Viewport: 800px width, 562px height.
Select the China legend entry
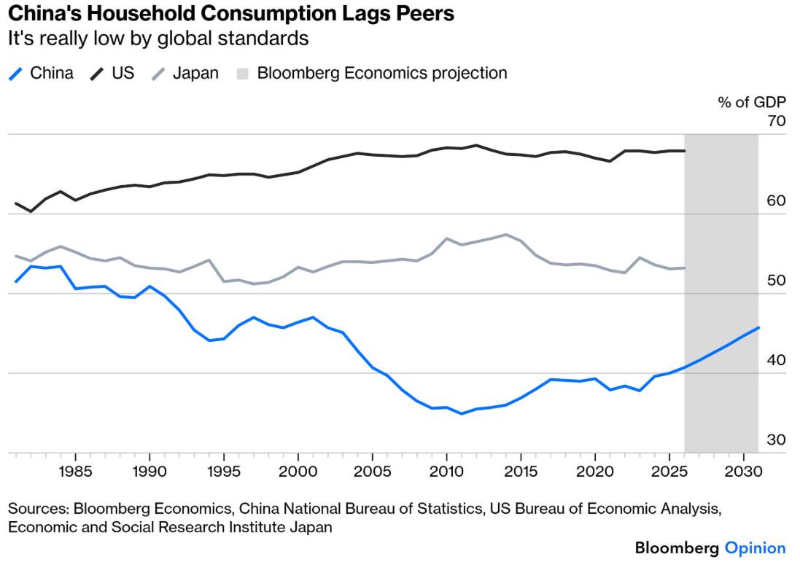tap(42, 74)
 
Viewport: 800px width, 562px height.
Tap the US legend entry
tap(112, 74)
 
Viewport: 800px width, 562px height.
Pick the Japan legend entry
tap(185, 74)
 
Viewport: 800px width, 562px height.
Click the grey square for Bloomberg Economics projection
tap(242, 74)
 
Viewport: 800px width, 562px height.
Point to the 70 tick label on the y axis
tap(776, 122)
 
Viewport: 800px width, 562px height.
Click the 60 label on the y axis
tap(776, 201)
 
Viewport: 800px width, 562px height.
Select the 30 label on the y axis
tap(776, 440)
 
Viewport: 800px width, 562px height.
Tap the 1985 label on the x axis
tap(76, 471)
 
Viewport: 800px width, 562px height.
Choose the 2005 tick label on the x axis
tap(373, 471)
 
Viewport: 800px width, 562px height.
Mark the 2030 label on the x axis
tap(743, 471)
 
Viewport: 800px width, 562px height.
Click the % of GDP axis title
tap(752, 103)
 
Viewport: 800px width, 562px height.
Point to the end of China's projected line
tap(758, 327)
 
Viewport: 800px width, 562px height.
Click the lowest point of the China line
tap(461, 413)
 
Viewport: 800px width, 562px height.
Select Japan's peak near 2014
tap(505, 235)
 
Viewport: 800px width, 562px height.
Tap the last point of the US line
tap(684, 151)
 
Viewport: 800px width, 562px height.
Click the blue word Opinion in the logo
tap(755, 548)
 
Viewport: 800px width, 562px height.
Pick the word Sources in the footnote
tap(38, 509)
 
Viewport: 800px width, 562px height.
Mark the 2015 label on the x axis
tap(521, 471)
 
